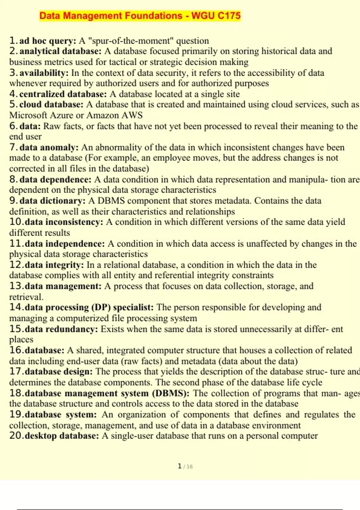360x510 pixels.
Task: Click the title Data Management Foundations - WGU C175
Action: pos(140,16)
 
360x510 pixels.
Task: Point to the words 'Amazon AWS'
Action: pos(115,115)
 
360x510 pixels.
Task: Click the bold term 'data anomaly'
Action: pos(49,147)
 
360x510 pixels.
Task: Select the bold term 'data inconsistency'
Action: pos(64,222)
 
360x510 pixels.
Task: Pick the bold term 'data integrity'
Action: pos(54,265)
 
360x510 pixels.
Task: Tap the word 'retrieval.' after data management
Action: pos(26,297)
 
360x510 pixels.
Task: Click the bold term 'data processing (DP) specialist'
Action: pos(89,307)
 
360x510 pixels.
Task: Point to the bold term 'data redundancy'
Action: pos(61,329)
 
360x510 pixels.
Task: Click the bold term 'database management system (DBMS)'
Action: pos(107,393)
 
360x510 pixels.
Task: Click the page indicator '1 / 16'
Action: pos(185,466)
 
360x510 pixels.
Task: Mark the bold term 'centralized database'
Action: pos(63,94)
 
